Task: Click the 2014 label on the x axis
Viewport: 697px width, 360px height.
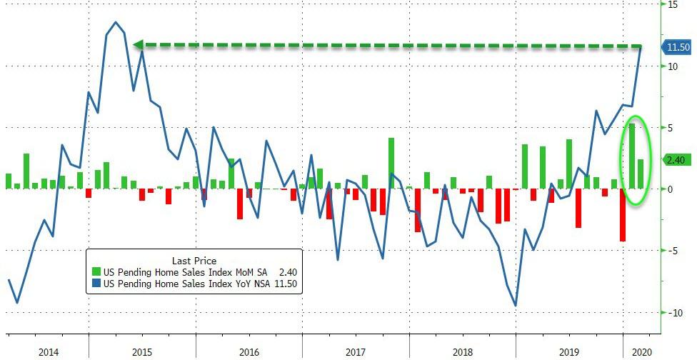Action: click(x=49, y=351)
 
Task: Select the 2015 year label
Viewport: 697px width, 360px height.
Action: click(x=142, y=351)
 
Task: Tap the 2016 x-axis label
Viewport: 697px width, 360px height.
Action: click(x=249, y=351)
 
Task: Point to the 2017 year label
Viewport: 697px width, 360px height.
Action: click(x=355, y=351)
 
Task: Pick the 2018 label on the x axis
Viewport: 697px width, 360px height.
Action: click(x=462, y=351)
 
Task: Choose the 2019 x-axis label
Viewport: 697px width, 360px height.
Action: click(x=568, y=351)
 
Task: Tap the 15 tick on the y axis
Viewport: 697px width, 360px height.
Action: click(x=673, y=4)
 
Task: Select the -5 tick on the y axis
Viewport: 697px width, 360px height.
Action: click(x=672, y=251)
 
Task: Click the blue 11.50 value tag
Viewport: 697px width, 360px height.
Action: click(x=677, y=47)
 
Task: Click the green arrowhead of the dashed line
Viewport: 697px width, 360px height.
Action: click(x=139, y=45)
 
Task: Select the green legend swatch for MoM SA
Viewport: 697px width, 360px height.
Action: click(x=97, y=272)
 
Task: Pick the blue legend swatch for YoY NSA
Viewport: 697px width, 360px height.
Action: click(x=97, y=284)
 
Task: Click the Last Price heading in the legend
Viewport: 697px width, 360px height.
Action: click(x=194, y=261)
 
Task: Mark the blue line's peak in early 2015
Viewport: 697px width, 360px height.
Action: click(x=116, y=22)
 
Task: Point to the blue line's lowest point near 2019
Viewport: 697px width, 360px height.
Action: click(x=516, y=306)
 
